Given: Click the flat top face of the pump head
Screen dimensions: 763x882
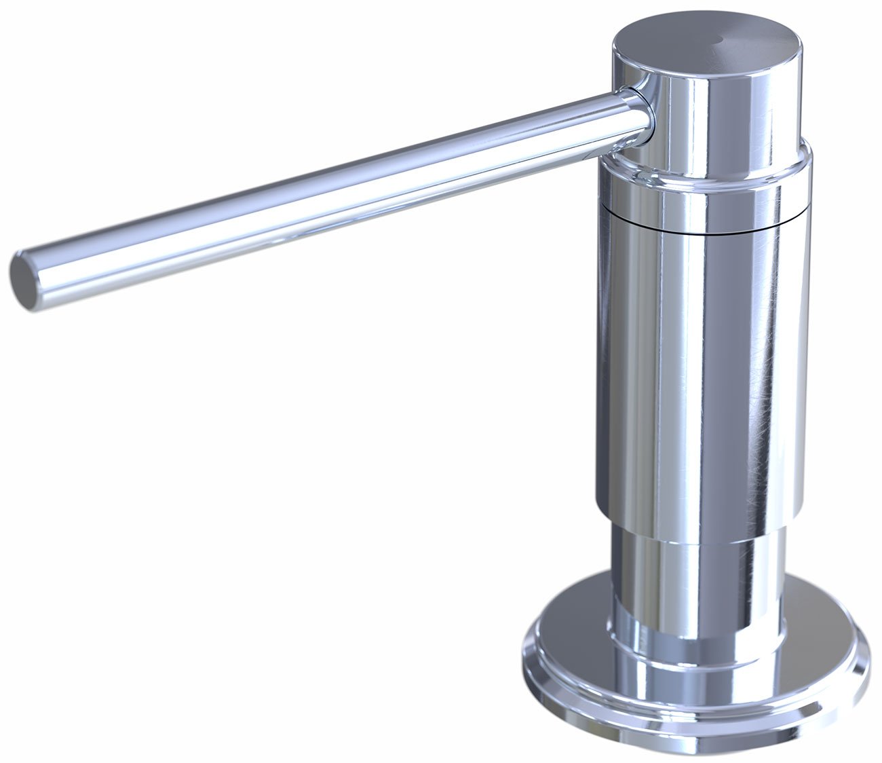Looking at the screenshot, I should point(678,41).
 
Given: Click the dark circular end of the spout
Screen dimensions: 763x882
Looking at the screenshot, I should point(22,280).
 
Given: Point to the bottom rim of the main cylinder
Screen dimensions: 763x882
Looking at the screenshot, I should point(699,523).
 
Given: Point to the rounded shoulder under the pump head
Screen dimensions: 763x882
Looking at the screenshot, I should point(706,166).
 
